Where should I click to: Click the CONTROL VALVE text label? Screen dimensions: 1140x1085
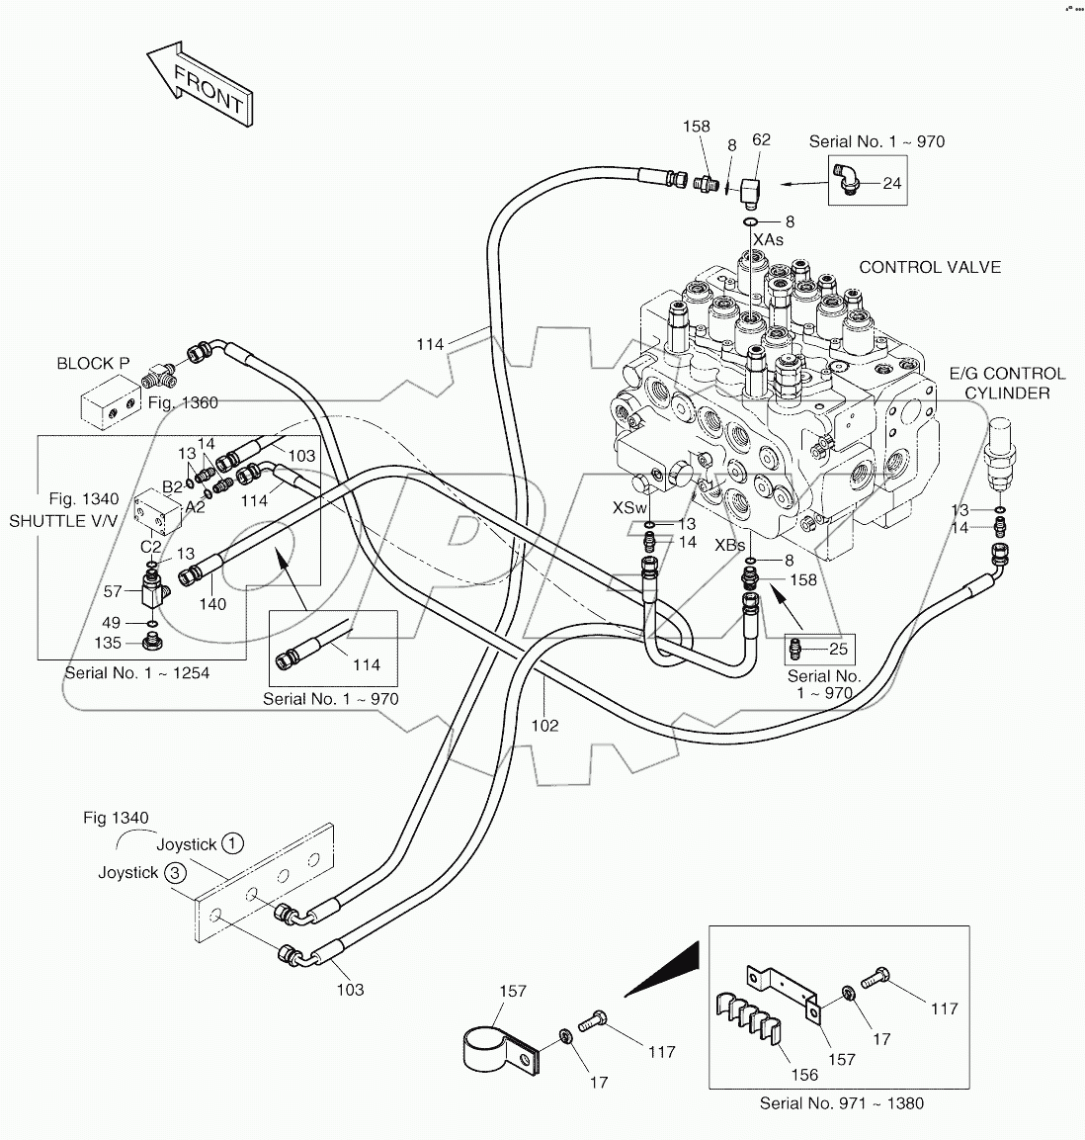pos(929,267)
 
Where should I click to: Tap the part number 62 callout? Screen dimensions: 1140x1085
pos(761,140)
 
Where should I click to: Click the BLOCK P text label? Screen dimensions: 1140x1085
pos(93,363)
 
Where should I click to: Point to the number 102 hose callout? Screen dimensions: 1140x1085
pos(544,725)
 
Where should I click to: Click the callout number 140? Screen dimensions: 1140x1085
pos(212,604)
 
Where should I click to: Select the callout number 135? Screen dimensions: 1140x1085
pos(108,643)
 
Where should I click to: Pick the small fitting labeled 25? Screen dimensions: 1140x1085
pos(795,650)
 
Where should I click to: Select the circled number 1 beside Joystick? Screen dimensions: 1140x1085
pos(231,843)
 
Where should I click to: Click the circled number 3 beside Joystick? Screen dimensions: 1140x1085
pos(174,872)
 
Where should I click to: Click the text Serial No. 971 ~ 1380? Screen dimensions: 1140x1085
pos(841,1102)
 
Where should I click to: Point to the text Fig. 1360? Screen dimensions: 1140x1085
pos(183,402)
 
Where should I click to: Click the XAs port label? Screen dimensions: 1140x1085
pos(768,239)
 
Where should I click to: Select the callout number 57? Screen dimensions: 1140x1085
pos(113,591)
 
